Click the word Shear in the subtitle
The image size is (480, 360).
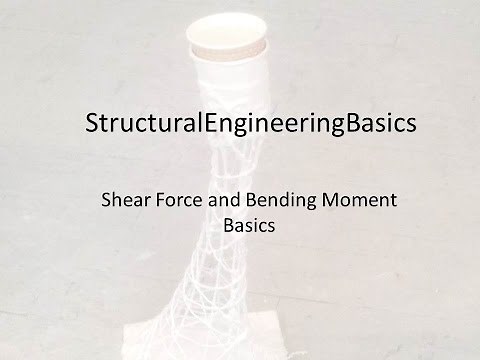(125, 200)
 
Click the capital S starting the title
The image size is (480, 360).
(93, 126)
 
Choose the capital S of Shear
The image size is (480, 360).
(108, 200)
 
